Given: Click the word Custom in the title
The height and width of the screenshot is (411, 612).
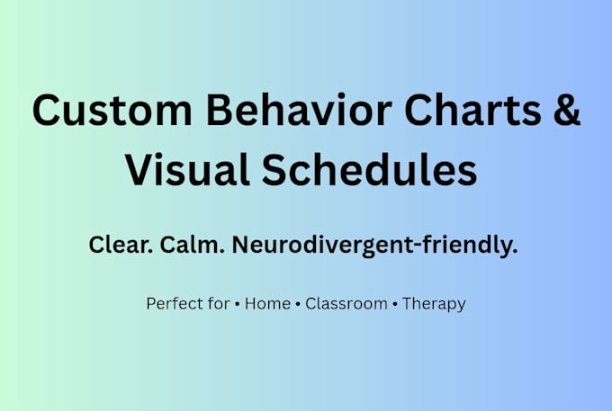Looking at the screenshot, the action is [112, 110].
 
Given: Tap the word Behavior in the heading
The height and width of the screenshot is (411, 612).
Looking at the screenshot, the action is [299, 109].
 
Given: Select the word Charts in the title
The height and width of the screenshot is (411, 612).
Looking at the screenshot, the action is [472, 109].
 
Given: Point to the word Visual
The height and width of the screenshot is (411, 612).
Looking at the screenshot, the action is [187, 170].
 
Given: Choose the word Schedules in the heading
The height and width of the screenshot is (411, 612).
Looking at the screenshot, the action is [369, 170].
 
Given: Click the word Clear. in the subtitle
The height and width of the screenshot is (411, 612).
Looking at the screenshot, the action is [121, 245].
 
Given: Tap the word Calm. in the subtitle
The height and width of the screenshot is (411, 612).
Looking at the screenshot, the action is [192, 245].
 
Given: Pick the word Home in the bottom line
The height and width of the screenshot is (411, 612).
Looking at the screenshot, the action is [267, 303].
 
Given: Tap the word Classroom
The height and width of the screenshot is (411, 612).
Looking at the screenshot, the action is [346, 303].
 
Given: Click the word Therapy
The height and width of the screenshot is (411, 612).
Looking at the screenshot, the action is [434, 304].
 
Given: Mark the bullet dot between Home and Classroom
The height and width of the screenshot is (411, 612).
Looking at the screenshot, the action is [298, 304].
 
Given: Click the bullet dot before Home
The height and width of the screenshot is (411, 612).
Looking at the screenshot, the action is [238, 304].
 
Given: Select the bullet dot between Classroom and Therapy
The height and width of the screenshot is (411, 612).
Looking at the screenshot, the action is [395, 304].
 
